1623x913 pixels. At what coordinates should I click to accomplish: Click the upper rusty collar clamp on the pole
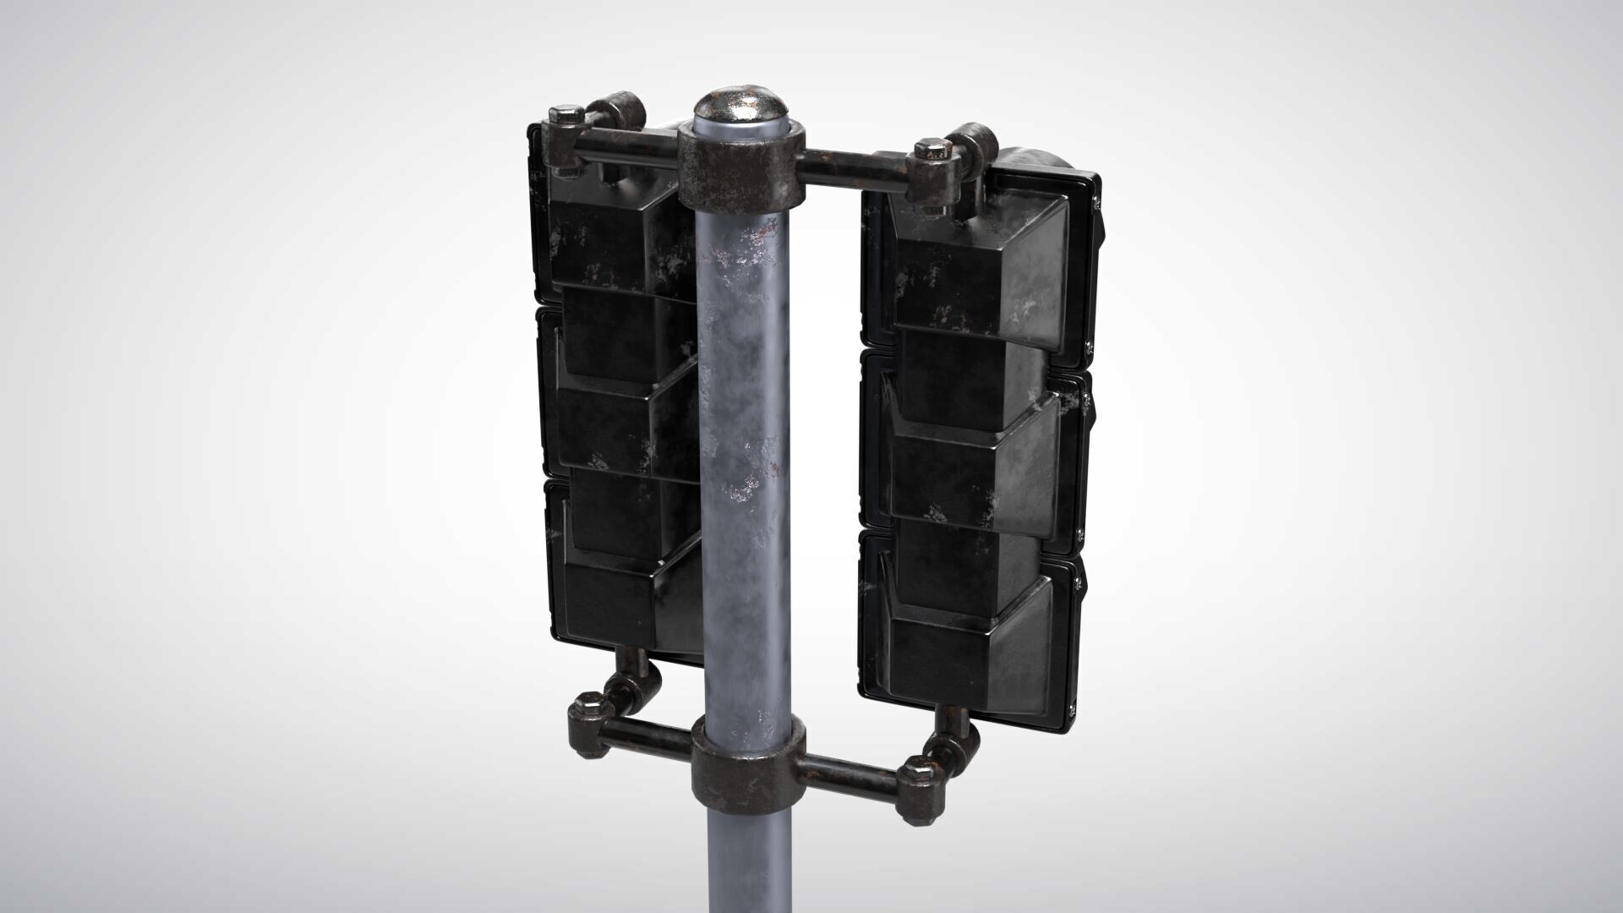(740, 173)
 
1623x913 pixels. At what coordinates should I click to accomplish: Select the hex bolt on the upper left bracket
(563, 114)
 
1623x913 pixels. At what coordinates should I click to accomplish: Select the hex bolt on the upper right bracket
(931, 152)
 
